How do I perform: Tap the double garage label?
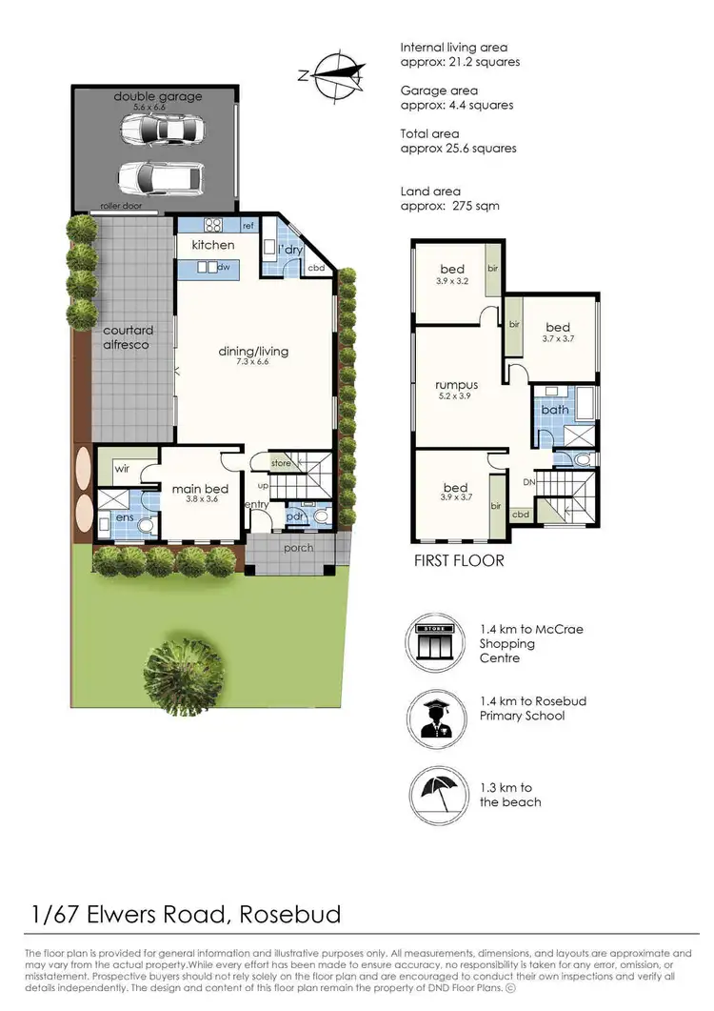tap(157, 96)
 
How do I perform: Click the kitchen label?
tap(213, 245)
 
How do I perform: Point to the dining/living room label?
tap(253, 351)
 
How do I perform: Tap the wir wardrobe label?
tap(122, 469)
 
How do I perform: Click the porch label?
tap(298, 548)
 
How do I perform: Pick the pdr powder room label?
tap(295, 517)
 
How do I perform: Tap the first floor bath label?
tap(555, 410)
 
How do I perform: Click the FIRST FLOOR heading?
tap(459, 560)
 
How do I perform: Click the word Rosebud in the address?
tap(289, 916)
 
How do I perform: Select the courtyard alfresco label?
tap(129, 337)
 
